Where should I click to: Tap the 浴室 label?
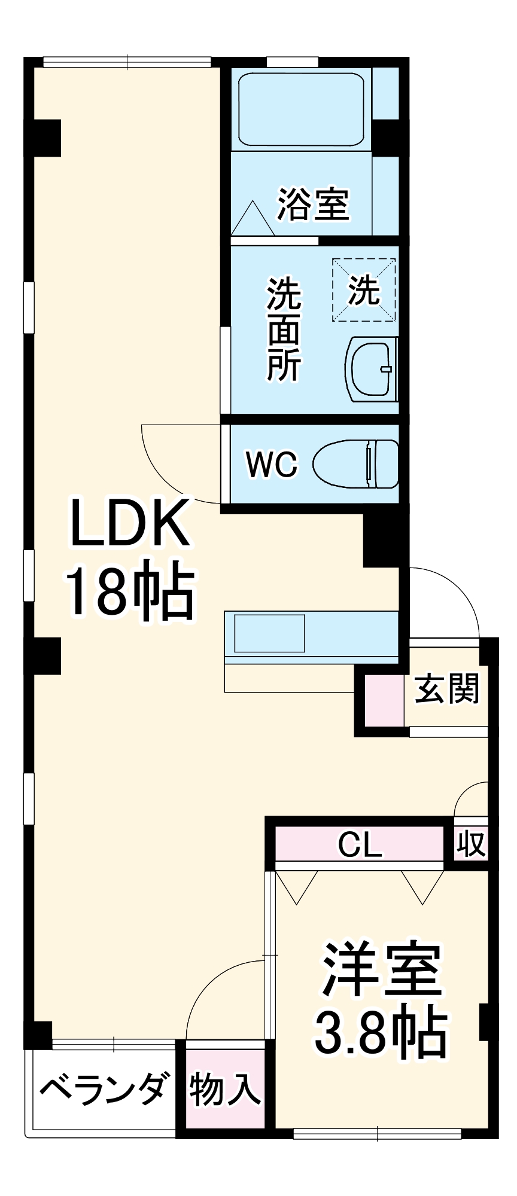pos(313,204)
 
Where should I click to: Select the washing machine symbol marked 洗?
pos(364,290)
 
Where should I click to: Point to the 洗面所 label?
pos(284,329)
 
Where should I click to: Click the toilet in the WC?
pos(356,463)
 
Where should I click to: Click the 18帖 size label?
pos(130,591)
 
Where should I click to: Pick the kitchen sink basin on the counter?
pos(269,633)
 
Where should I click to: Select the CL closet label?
pos(359,844)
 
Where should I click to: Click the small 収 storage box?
pos(471,844)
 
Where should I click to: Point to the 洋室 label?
pos(381,969)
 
